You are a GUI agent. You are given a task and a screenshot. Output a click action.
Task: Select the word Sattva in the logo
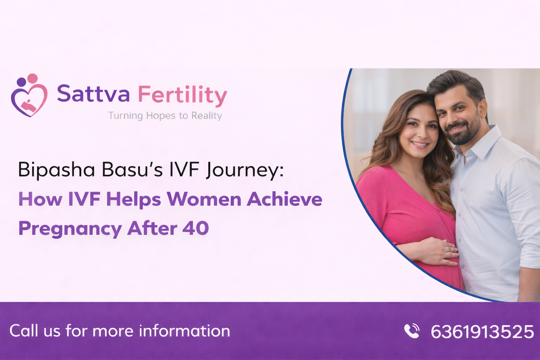(x=93, y=94)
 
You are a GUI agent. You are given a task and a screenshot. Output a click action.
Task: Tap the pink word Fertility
(x=182, y=95)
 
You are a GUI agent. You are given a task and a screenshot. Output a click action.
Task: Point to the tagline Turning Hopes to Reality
(x=165, y=116)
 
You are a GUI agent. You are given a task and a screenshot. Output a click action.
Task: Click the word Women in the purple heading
(x=204, y=199)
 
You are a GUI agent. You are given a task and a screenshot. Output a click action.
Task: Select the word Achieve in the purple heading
(x=284, y=199)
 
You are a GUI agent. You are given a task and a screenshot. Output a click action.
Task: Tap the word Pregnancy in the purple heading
(x=70, y=229)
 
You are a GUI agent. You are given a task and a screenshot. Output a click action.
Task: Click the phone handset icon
(x=412, y=331)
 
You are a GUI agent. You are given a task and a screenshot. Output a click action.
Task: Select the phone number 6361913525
(x=482, y=332)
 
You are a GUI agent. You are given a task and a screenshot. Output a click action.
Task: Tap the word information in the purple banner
(x=184, y=331)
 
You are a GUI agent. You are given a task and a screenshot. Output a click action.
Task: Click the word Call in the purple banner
(x=24, y=331)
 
